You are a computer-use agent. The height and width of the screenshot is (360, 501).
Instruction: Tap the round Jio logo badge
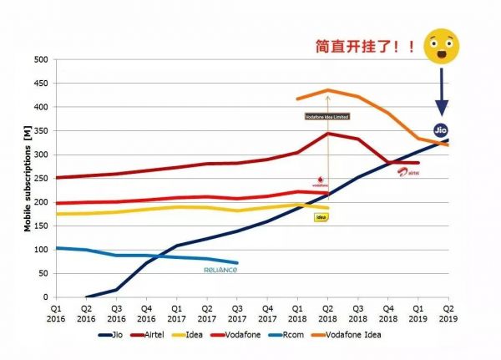[x=442, y=129]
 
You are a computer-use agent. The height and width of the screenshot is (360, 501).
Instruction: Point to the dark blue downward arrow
[x=443, y=92]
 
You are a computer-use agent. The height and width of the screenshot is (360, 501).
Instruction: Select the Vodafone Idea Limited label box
[x=327, y=116]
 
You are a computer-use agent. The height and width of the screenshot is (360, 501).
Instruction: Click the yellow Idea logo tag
[x=321, y=217]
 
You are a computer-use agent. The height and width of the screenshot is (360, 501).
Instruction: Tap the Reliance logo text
[x=221, y=270]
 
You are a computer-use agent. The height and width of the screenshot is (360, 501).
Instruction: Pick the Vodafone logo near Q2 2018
[x=320, y=181]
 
